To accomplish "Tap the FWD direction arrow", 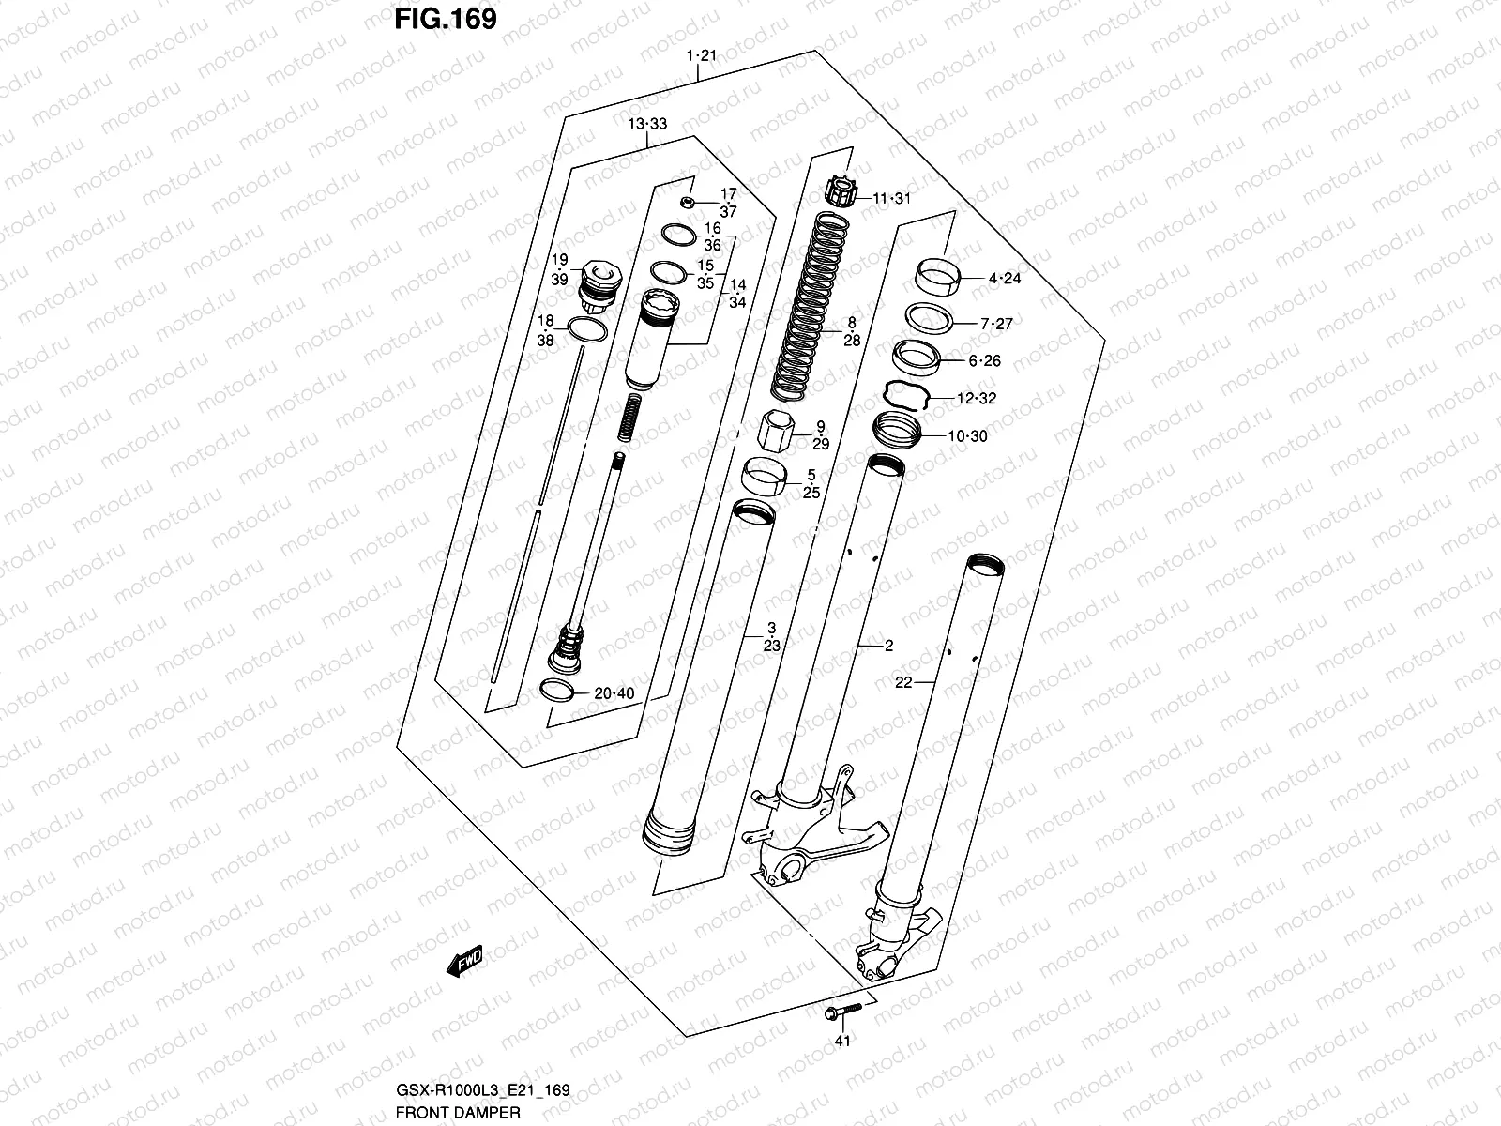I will tap(464, 961).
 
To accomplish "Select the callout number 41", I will tap(841, 1067).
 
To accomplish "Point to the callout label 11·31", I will tap(891, 199).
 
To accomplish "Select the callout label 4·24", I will tap(1004, 279).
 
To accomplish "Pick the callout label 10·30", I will tap(967, 436).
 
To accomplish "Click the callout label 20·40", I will tap(614, 693).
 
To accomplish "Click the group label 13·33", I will tap(647, 124).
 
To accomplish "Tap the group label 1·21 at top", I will tap(701, 55).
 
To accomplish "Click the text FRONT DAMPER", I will tap(456, 1112).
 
